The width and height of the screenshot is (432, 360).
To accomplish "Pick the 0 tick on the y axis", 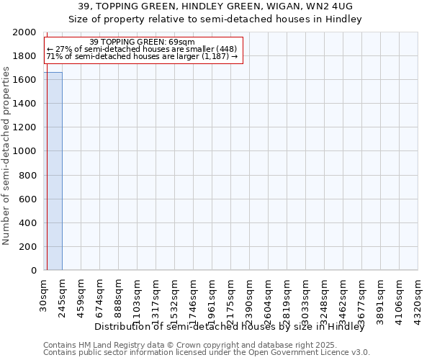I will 33,271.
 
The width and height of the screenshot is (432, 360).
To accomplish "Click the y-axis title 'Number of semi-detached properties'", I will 7,156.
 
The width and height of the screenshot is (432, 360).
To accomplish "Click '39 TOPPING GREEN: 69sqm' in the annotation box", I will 142,42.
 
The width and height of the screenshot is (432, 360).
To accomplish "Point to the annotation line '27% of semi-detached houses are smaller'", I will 142,49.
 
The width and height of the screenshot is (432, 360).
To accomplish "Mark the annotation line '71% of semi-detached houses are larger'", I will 142,55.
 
